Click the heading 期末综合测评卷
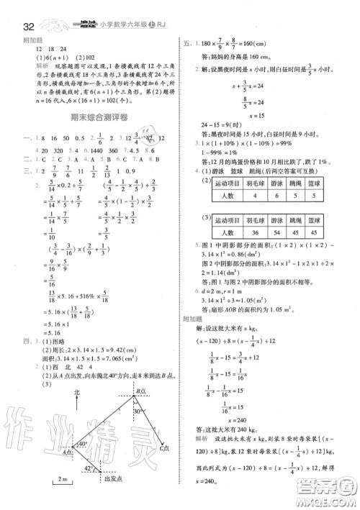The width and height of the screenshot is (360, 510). pyautogui.click(x=89, y=118)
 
